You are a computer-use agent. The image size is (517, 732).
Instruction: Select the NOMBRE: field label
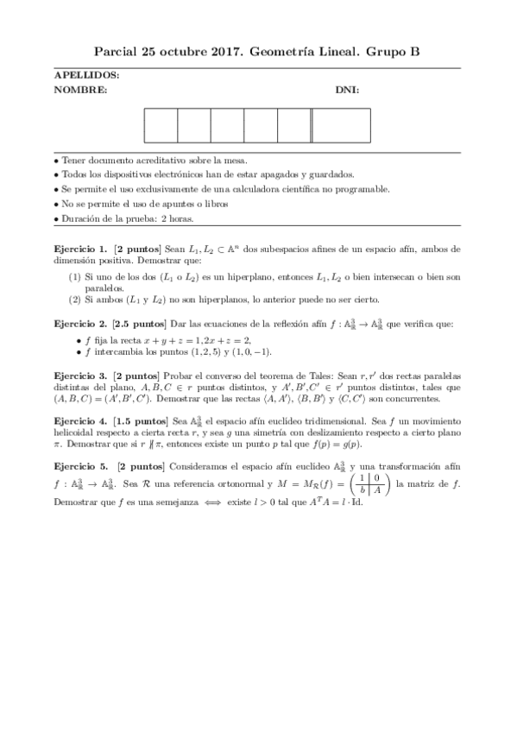coord(80,90)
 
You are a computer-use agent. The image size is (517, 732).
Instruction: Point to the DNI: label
coord(347,90)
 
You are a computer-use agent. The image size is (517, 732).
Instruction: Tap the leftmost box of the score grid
coord(161,125)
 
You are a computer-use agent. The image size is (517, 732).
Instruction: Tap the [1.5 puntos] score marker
coord(142,419)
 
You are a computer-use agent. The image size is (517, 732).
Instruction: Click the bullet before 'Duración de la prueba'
coord(56,219)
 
